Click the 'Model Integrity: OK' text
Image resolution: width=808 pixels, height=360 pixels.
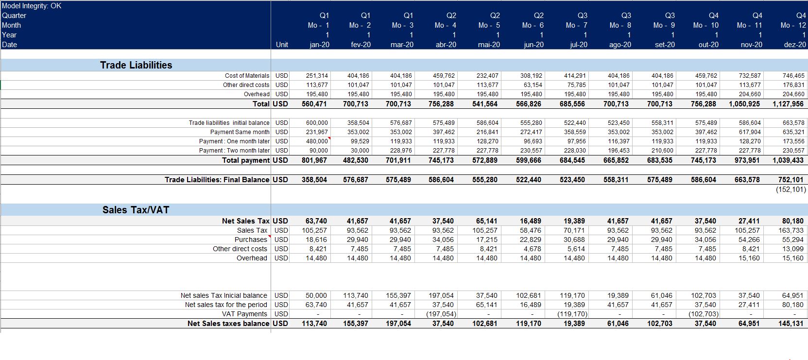(32, 6)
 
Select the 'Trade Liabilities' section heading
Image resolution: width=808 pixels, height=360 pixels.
(136, 65)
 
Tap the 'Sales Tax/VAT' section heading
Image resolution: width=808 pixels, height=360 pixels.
(136, 210)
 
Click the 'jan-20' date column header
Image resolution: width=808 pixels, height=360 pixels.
(319, 45)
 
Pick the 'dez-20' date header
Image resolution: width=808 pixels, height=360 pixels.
(795, 45)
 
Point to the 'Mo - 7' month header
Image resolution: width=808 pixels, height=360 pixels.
(576, 25)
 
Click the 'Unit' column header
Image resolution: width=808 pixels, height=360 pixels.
(282, 45)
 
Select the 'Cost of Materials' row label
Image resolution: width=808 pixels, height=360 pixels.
(247, 76)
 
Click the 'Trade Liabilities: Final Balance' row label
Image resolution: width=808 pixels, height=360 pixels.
(217, 180)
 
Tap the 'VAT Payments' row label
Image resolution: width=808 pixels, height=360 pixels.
(244, 314)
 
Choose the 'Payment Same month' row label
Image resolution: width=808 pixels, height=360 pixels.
(240, 132)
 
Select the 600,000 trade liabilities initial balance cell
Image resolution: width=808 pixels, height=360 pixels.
(317, 123)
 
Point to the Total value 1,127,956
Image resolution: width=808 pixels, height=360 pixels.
(788, 104)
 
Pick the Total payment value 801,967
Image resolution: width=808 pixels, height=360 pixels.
(314, 160)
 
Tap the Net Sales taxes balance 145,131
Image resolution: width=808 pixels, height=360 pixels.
(791, 324)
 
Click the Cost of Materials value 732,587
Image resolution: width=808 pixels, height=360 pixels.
(750, 76)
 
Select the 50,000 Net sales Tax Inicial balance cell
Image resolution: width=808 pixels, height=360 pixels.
(316, 295)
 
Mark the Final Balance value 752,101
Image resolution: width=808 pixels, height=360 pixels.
(791, 180)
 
